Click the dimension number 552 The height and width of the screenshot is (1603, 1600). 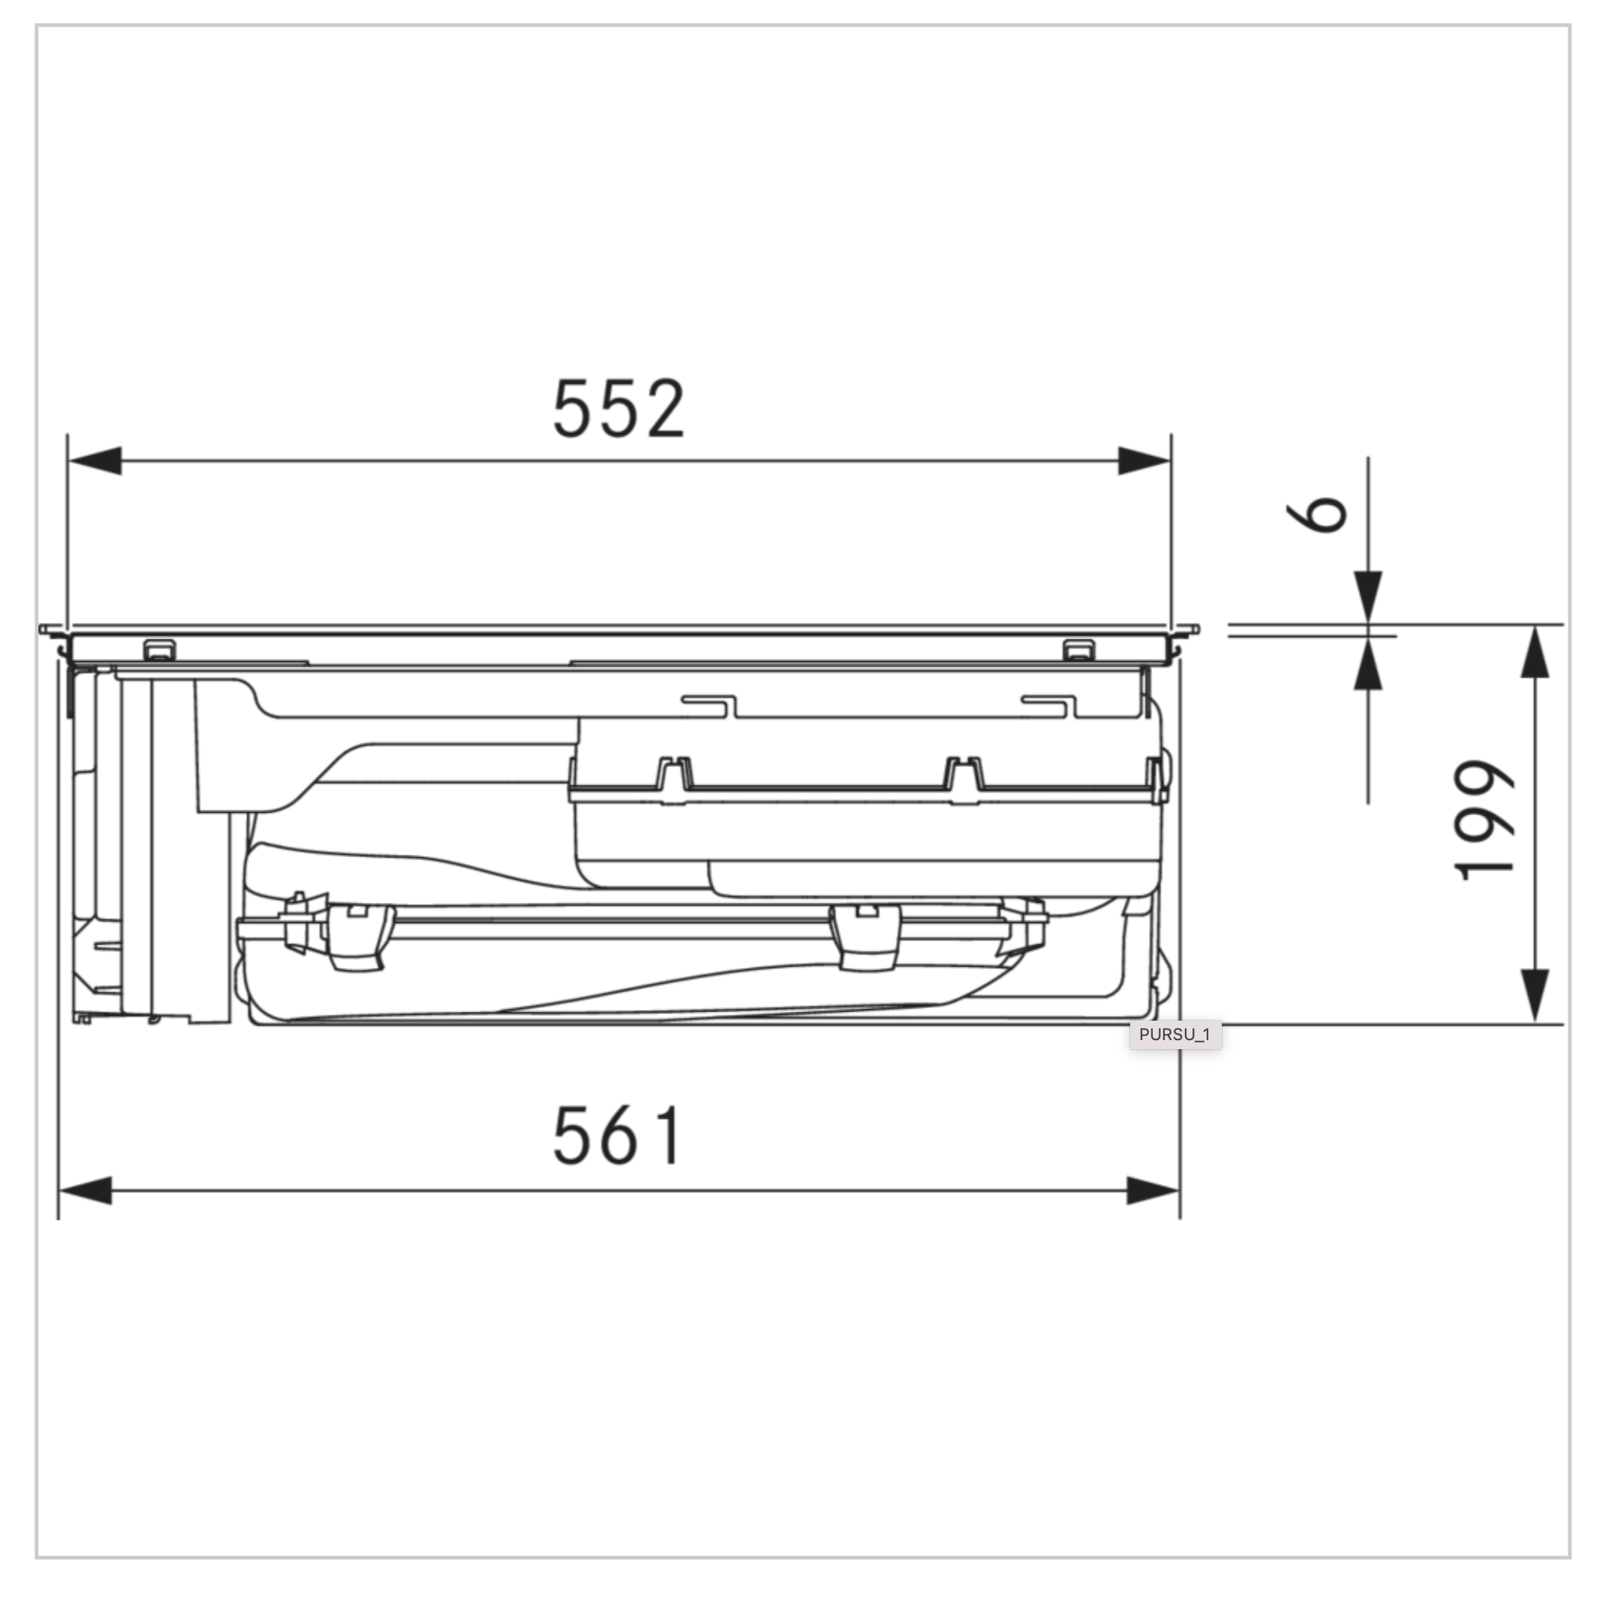[x=618, y=408]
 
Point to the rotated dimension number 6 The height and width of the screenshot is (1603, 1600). [x=1316, y=514]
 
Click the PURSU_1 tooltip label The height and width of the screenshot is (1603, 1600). [x=1174, y=1035]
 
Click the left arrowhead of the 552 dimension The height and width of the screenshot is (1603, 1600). [x=95, y=461]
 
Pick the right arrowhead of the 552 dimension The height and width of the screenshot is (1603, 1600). [x=1144, y=461]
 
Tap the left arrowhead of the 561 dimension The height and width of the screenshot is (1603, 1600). [x=86, y=1191]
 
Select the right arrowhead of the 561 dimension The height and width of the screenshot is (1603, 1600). [x=1153, y=1191]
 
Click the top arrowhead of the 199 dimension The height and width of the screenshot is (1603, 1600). [x=1535, y=652]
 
